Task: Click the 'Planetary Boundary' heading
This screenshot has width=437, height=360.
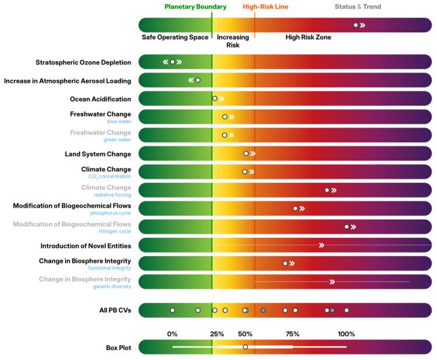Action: pyautogui.click(x=196, y=7)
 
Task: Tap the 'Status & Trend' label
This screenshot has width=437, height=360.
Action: pyautogui.click(x=358, y=7)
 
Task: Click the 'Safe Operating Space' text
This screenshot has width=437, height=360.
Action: pyautogui.click(x=175, y=38)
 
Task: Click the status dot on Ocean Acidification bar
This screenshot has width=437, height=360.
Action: pyautogui.click(x=214, y=99)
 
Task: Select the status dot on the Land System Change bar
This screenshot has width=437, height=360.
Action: pyautogui.click(x=246, y=154)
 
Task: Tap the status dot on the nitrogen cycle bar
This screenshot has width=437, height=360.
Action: pyautogui.click(x=347, y=227)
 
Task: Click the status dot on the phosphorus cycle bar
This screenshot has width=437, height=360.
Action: pyautogui.click(x=295, y=208)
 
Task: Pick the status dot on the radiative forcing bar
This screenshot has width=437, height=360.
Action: pyautogui.click(x=327, y=190)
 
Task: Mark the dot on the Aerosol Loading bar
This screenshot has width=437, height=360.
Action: pyautogui.click(x=198, y=81)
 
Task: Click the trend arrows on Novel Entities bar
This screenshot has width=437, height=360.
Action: pyautogui.click(x=321, y=245)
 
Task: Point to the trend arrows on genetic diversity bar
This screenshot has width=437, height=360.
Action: pyautogui.click(x=332, y=281)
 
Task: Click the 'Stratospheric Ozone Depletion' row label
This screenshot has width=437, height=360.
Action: pyautogui.click(x=83, y=62)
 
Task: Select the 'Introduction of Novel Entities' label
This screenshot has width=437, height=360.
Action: pyautogui.click(x=85, y=246)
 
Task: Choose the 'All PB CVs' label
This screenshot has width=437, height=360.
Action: pyautogui.click(x=115, y=310)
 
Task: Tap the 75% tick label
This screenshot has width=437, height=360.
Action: pyautogui.click(x=292, y=334)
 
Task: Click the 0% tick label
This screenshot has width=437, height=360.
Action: pyautogui.click(x=173, y=334)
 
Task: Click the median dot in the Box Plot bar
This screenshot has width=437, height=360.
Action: pyautogui.click(x=245, y=347)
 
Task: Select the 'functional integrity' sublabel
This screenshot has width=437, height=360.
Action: pyautogui.click(x=110, y=268)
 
